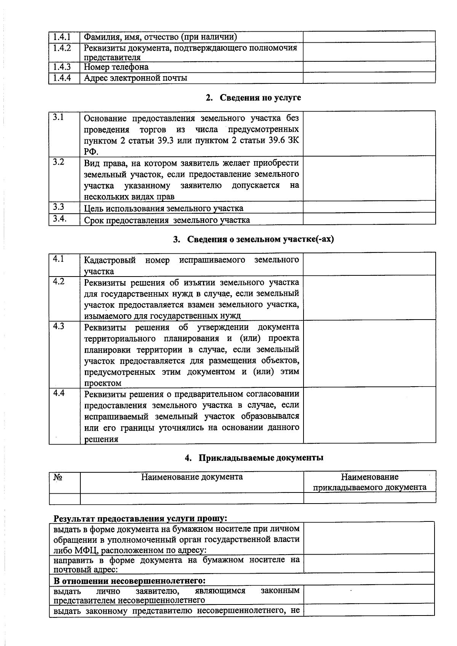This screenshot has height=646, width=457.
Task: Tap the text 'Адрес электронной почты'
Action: (136, 78)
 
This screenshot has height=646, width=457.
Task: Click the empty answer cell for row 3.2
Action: (369, 178)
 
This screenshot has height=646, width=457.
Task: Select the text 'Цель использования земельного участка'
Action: (163, 208)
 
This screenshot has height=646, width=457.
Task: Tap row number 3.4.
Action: (60, 219)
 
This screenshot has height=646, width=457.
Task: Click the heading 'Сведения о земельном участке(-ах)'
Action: (253, 239)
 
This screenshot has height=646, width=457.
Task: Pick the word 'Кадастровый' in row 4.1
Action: (110, 260)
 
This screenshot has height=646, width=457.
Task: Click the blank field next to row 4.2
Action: (369, 297)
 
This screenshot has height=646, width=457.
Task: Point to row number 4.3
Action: (59, 326)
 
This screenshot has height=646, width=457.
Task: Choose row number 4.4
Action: (59, 393)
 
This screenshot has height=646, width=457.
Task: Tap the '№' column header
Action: (58, 477)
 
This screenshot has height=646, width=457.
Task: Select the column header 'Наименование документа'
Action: (192, 477)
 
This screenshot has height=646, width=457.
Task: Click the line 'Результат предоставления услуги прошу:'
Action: (140, 518)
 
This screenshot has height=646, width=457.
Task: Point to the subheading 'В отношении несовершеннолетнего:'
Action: (129, 581)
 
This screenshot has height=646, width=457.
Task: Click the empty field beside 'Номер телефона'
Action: (369, 67)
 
